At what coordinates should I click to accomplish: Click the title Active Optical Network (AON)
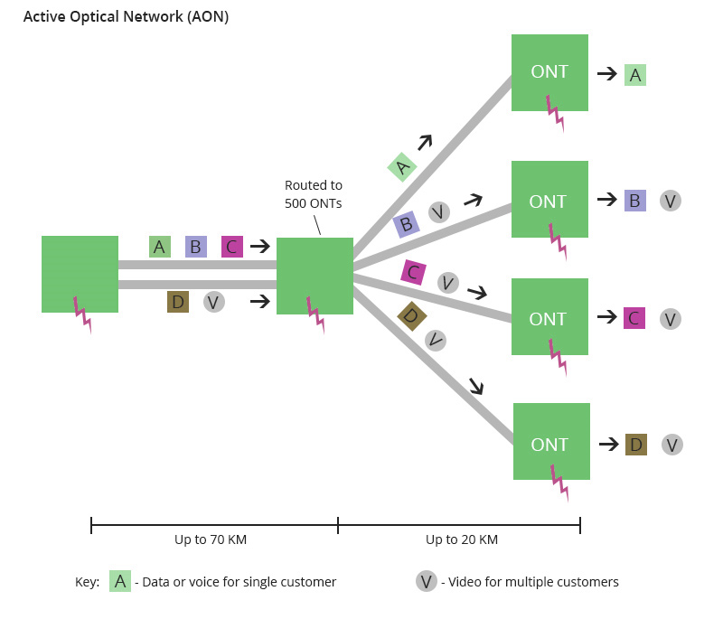[126, 17]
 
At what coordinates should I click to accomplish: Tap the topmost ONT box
[549, 72]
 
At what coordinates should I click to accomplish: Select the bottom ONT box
[551, 442]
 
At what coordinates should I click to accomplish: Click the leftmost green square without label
[80, 274]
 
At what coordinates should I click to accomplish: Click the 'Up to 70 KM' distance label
[211, 539]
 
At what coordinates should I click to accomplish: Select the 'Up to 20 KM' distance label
[462, 539]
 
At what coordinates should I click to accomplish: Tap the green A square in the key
[120, 581]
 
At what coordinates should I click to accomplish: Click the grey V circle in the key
[427, 581]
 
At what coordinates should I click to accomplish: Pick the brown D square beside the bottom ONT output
[636, 445]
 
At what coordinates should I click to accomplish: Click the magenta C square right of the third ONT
[634, 318]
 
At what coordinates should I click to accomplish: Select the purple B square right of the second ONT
[635, 201]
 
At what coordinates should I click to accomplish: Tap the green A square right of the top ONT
[635, 75]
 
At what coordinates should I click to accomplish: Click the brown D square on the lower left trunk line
[178, 302]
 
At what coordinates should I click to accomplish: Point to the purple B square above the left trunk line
[196, 247]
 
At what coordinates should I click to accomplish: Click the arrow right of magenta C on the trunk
[260, 246]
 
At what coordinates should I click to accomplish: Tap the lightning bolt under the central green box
[316, 313]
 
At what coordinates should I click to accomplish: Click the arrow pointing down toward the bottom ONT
[475, 386]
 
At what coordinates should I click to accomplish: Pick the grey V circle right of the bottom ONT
[671, 445]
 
